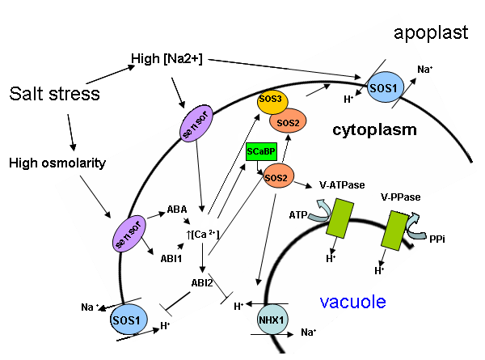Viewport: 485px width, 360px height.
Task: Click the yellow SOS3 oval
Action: pos(272,101)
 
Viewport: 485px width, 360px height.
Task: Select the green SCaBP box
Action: pos(261,151)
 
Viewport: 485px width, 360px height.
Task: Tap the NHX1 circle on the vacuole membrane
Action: pos(272,320)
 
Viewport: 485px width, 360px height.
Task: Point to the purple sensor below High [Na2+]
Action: pos(196,124)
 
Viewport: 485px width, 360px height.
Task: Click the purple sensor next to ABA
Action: pos(129,234)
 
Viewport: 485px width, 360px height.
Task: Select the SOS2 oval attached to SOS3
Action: pos(288,121)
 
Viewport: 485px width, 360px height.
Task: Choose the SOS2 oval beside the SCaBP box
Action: pos(277,176)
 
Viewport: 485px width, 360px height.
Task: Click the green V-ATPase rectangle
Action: pos(340,218)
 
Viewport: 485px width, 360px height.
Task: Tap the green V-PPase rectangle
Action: pos(394,231)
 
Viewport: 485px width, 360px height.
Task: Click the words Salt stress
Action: pos(54,94)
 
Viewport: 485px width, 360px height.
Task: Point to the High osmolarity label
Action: pos(57,163)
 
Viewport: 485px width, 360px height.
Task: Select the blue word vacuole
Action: pos(352,302)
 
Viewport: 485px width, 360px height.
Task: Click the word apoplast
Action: pos(431,33)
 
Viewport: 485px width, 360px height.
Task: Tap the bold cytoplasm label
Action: pos(374,129)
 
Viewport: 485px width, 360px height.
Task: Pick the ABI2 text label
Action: pos(202,282)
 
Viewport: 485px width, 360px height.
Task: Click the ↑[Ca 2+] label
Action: pos(203,235)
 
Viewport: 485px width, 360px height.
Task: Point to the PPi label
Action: pos(437,239)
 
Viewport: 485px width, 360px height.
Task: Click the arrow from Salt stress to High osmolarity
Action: pos(71,132)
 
